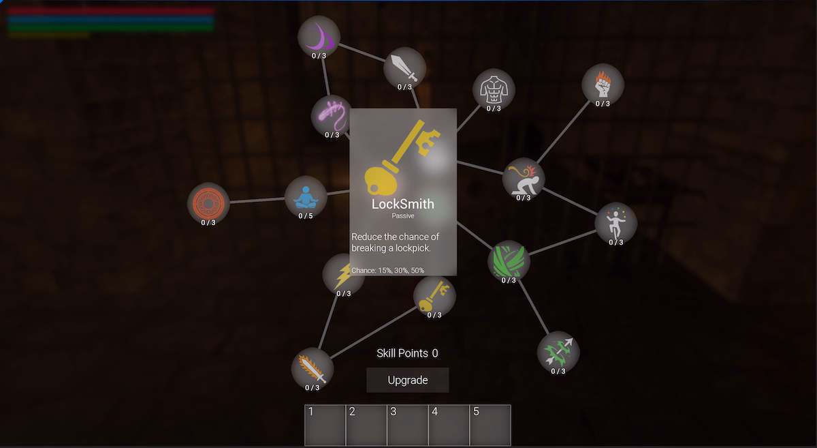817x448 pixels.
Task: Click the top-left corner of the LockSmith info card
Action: [350, 108]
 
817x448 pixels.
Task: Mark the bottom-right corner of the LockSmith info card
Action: [457, 276]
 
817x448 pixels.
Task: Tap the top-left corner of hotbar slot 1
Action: [305, 405]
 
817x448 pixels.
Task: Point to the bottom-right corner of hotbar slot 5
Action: [511, 446]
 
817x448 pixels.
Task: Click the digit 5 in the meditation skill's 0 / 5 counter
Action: [310, 216]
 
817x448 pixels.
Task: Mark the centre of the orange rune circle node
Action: [208, 203]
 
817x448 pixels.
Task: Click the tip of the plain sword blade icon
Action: [391, 56]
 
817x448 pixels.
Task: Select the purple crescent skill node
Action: [319, 37]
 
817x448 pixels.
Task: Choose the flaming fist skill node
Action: [603, 85]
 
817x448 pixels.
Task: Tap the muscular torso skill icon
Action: [494, 89]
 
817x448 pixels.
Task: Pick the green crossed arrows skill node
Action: [558, 353]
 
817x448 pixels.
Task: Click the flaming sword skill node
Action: [313, 369]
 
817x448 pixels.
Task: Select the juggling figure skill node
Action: [616, 223]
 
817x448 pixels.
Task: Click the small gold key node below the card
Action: [434, 296]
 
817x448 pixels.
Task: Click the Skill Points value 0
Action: [435, 353]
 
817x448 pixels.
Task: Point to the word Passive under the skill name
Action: [403, 216]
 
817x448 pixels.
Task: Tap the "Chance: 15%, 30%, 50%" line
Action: [387, 271]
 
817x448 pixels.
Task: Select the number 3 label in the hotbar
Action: [394, 412]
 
